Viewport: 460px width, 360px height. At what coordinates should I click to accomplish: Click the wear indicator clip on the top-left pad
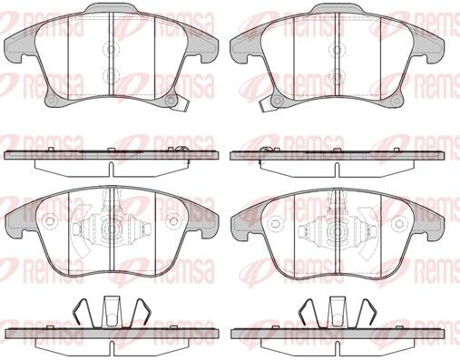(181, 104)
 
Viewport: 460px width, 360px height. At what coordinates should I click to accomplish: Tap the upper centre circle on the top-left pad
(112, 49)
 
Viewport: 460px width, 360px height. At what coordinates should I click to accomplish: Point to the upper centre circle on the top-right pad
(338, 49)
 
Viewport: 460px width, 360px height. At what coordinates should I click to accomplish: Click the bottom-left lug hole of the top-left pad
(52, 101)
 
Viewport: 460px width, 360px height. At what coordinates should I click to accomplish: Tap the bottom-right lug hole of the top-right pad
(395, 101)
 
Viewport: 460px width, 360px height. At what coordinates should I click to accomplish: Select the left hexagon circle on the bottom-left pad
(49, 221)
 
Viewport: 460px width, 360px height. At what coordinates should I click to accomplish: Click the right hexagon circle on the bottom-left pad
(173, 221)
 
